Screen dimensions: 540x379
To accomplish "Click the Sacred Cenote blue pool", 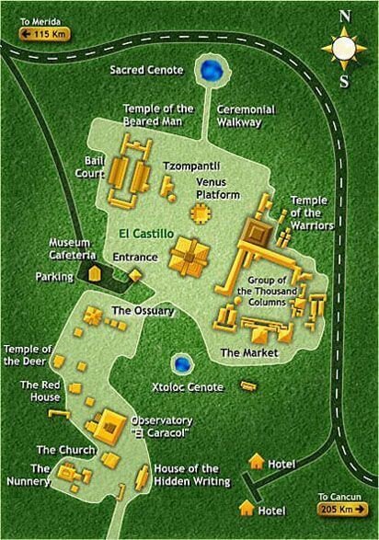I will [212, 70].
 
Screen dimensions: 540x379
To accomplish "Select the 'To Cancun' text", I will [349, 498].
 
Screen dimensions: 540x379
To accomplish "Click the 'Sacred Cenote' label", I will [147, 70].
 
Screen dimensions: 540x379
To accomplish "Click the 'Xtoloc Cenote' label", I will [187, 387].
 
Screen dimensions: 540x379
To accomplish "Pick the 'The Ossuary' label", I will [143, 311].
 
